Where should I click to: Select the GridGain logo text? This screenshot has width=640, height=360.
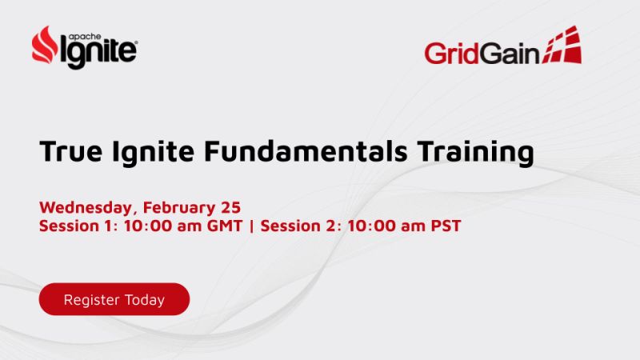pyautogui.click(x=482, y=53)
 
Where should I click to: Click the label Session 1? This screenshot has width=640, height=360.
pyautogui.click(x=77, y=226)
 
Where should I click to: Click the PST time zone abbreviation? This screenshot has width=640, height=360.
pyautogui.click(x=445, y=226)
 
